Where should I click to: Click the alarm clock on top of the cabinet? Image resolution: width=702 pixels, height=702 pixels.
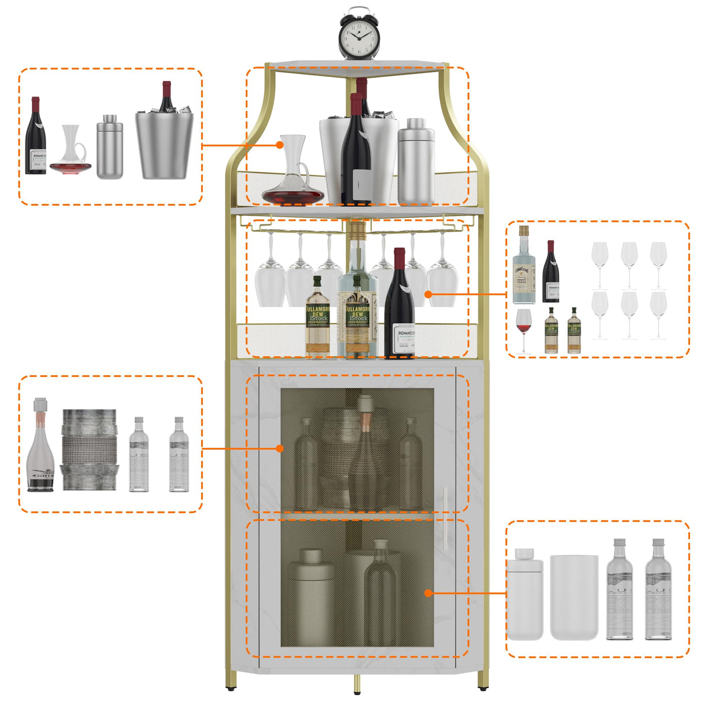[x=358, y=35]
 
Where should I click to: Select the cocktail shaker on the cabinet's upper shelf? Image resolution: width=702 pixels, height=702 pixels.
[x=415, y=162]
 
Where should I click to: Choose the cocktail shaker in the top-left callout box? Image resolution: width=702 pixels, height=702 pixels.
[x=109, y=147]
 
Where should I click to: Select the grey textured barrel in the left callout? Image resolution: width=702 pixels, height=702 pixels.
[x=89, y=450]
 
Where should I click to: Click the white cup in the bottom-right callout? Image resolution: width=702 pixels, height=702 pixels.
[x=574, y=597]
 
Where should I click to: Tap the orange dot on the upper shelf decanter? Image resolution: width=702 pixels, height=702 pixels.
[x=280, y=145]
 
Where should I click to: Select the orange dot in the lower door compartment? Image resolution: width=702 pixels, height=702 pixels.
[x=428, y=593]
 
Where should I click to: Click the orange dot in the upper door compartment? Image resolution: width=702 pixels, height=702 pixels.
[x=280, y=448]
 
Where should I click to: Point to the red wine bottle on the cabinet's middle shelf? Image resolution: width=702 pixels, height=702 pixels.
[x=399, y=306]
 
